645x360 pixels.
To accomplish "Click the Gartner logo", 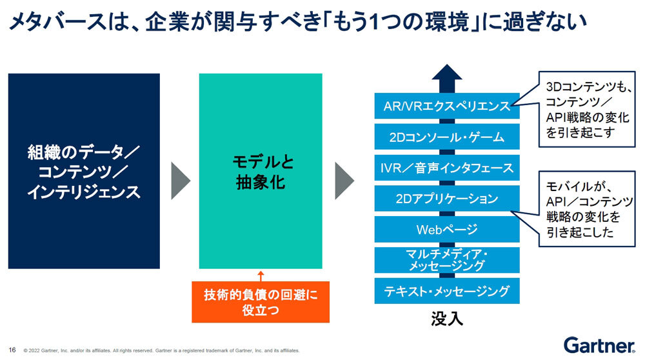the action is pyautogui.click(x=599, y=345).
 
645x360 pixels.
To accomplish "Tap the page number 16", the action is pyautogui.click(x=12, y=350).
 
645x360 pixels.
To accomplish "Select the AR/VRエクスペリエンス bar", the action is pyautogui.click(x=447, y=106).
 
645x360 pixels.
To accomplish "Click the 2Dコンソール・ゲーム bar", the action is pyautogui.click(x=447, y=137).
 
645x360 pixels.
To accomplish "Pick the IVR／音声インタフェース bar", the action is pyautogui.click(x=447, y=168).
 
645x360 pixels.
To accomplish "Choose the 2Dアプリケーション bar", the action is pyautogui.click(x=447, y=198).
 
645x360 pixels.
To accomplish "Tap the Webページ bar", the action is pyautogui.click(x=447, y=229).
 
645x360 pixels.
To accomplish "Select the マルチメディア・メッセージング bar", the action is pyautogui.click(x=447, y=260).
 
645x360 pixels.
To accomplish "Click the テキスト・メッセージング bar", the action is pyautogui.click(x=447, y=291).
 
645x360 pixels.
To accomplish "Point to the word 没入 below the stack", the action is pyautogui.click(x=447, y=319).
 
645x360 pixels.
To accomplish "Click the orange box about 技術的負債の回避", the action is pyautogui.click(x=261, y=302).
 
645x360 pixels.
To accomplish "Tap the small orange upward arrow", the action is pyautogui.click(x=261, y=275).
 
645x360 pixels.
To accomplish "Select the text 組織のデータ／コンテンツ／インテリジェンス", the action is pyautogui.click(x=84, y=172).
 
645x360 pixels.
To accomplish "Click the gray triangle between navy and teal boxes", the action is pyautogui.click(x=179, y=181).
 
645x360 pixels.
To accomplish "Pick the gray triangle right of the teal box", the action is pyautogui.click(x=343, y=181).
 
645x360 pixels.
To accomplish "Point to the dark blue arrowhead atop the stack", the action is pyautogui.click(x=447, y=72).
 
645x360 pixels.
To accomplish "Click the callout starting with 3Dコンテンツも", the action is pyautogui.click(x=587, y=110).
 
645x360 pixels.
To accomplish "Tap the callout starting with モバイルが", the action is pyautogui.click(x=587, y=209).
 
